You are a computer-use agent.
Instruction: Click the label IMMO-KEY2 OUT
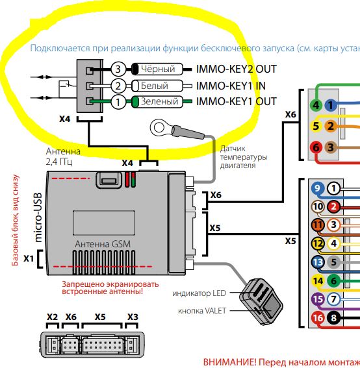[236, 69]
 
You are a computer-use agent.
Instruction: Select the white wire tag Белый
[157, 86]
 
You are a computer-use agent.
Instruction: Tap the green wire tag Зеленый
[157, 102]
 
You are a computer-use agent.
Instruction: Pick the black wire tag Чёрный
[157, 69]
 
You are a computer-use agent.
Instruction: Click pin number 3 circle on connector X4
[118, 69]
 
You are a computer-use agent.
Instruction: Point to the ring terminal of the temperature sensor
[158, 127]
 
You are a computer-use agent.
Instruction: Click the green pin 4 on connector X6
[316, 105]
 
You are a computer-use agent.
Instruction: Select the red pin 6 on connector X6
[316, 147]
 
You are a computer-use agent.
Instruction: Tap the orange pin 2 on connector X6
[331, 126]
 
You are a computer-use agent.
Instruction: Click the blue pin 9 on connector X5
[318, 188]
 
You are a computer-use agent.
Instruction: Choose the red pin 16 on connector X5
[318, 318]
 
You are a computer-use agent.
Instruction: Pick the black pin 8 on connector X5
[333, 318]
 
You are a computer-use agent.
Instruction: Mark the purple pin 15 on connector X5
[318, 299]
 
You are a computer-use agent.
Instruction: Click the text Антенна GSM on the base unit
[103, 244]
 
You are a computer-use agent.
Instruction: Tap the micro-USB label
[38, 217]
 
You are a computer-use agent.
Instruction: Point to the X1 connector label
[29, 258]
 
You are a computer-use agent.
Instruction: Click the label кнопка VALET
[202, 311]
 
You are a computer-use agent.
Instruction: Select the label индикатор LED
[199, 293]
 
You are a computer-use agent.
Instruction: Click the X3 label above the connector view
[133, 317]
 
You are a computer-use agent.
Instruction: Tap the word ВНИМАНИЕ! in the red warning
[229, 362]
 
